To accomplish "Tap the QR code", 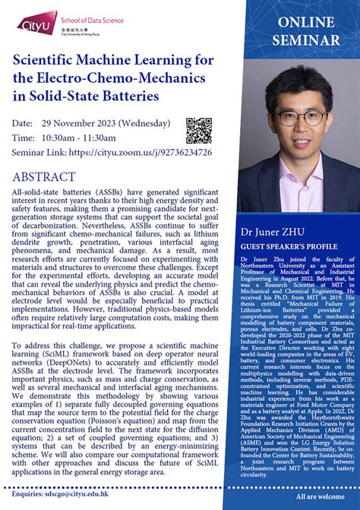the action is (x=198, y=130).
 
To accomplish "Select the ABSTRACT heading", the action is (x=43, y=176).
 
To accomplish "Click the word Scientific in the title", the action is (x=49, y=60).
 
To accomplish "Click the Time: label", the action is (x=24, y=138).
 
